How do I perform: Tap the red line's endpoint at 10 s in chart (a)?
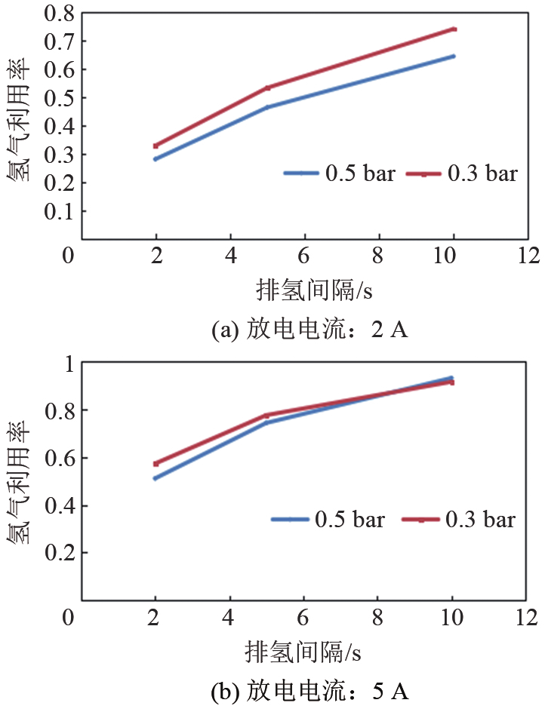(x=454, y=29)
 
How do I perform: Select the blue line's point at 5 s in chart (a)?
(x=266, y=107)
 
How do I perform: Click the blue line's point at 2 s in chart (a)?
(x=155, y=158)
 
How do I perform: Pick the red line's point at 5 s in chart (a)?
(x=266, y=87)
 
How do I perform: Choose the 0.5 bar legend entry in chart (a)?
(x=339, y=173)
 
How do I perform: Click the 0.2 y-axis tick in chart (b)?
(x=61, y=553)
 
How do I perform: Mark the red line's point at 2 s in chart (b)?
(x=155, y=463)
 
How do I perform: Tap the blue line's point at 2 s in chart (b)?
(x=155, y=478)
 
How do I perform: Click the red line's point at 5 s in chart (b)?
(x=266, y=416)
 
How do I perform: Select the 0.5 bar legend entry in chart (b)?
(x=328, y=519)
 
